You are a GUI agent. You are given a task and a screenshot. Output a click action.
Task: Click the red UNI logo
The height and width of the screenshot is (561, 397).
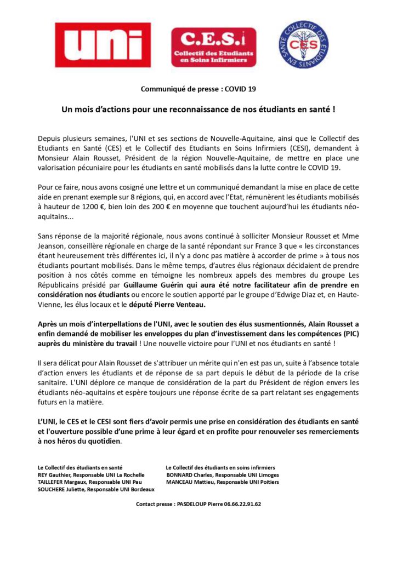pos(106,44)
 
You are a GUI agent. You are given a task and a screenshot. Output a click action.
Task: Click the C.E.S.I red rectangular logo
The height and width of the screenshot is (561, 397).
pos(213,47)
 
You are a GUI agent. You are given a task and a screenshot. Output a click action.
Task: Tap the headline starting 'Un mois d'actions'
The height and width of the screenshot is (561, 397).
pos(198,110)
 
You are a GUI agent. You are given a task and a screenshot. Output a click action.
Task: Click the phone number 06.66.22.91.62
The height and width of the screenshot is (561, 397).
pos(239,504)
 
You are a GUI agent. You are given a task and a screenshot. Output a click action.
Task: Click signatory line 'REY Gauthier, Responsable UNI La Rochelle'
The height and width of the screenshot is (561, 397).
pos(91,475)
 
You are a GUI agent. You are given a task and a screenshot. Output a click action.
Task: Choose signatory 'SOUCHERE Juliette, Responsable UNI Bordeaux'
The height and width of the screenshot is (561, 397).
pos(95,490)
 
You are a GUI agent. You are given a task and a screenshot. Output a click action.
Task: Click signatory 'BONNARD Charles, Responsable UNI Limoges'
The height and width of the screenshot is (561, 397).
pos(222,475)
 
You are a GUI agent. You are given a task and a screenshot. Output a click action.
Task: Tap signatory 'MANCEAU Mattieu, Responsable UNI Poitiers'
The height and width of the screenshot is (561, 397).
pos(222,482)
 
